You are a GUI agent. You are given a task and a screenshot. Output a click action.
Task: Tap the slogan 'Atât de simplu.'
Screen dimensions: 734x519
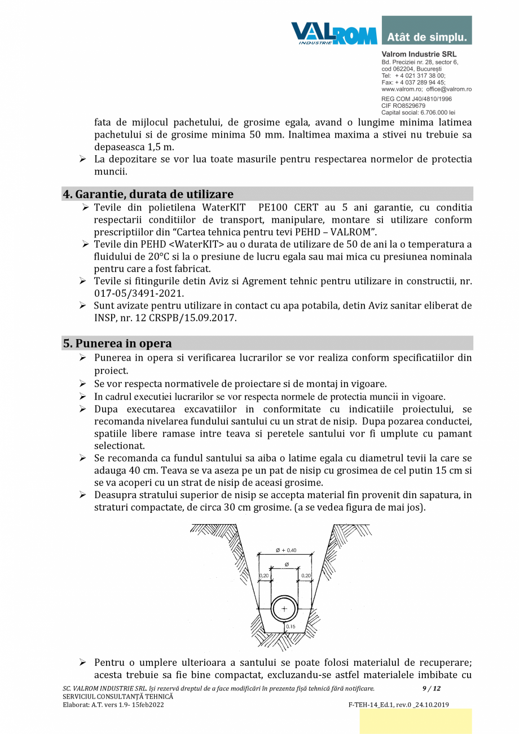tap(427, 38)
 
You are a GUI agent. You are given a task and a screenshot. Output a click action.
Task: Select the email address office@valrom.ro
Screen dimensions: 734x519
tap(448, 89)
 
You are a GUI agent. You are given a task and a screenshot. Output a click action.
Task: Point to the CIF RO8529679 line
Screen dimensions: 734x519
tap(403, 106)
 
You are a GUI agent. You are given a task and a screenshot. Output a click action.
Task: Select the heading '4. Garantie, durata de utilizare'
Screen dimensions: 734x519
tap(148, 194)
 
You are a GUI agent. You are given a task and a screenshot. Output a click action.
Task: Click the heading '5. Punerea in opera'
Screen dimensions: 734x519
tap(117, 343)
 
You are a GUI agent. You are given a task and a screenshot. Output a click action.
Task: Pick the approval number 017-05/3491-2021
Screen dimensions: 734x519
tap(139, 294)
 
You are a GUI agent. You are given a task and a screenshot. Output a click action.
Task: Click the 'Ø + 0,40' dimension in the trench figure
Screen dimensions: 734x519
tap(286, 550)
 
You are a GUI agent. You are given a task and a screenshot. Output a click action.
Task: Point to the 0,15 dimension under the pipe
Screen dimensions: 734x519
tap(291, 627)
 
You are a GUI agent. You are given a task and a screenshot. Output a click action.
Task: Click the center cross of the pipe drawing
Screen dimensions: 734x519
tap(284, 609)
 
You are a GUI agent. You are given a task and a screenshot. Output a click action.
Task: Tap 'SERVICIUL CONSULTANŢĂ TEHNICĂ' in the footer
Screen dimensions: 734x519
tap(118, 697)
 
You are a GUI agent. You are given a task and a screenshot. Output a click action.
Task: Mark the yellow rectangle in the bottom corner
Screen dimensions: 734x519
tap(415, 721)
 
